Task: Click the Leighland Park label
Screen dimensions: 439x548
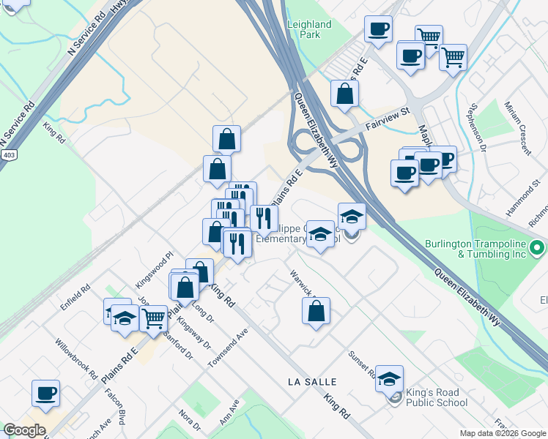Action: click(x=310, y=29)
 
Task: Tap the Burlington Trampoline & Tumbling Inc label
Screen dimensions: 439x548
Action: click(x=477, y=249)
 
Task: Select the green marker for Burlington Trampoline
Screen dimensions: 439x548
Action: click(x=537, y=248)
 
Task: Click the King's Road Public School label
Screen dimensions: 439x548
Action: click(x=436, y=397)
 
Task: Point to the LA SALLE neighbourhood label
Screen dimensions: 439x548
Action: click(x=312, y=382)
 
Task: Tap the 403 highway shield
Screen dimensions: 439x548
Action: click(x=9, y=155)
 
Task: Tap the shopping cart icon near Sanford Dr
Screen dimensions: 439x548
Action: click(x=152, y=318)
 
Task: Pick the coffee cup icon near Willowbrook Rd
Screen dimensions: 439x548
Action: click(x=45, y=393)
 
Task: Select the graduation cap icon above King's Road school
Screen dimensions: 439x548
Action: click(x=390, y=378)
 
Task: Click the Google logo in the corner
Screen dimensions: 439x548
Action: click(x=24, y=430)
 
